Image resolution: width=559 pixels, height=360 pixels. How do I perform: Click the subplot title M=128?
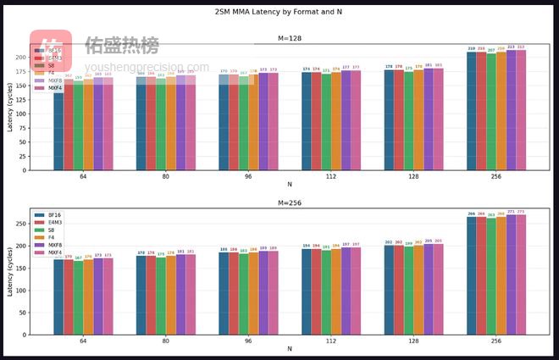coord(290,38)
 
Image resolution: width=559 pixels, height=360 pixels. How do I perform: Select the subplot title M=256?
coord(290,202)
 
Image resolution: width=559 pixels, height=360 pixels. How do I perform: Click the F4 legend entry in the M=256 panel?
coord(49,237)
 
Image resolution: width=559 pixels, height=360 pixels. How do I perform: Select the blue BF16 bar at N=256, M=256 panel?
coord(471,276)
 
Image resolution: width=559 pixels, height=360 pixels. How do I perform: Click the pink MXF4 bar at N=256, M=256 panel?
coord(521,274)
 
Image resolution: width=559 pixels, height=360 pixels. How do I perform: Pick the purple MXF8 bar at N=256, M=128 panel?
coord(511,110)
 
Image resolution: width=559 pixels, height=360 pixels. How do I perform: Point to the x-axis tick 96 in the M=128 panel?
coord(248,175)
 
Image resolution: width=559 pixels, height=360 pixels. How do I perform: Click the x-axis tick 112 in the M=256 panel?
coord(331,340)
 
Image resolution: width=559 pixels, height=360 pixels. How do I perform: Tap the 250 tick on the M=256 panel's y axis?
coord(21,224)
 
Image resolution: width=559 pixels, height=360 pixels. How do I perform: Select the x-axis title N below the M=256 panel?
coord(290,348)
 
